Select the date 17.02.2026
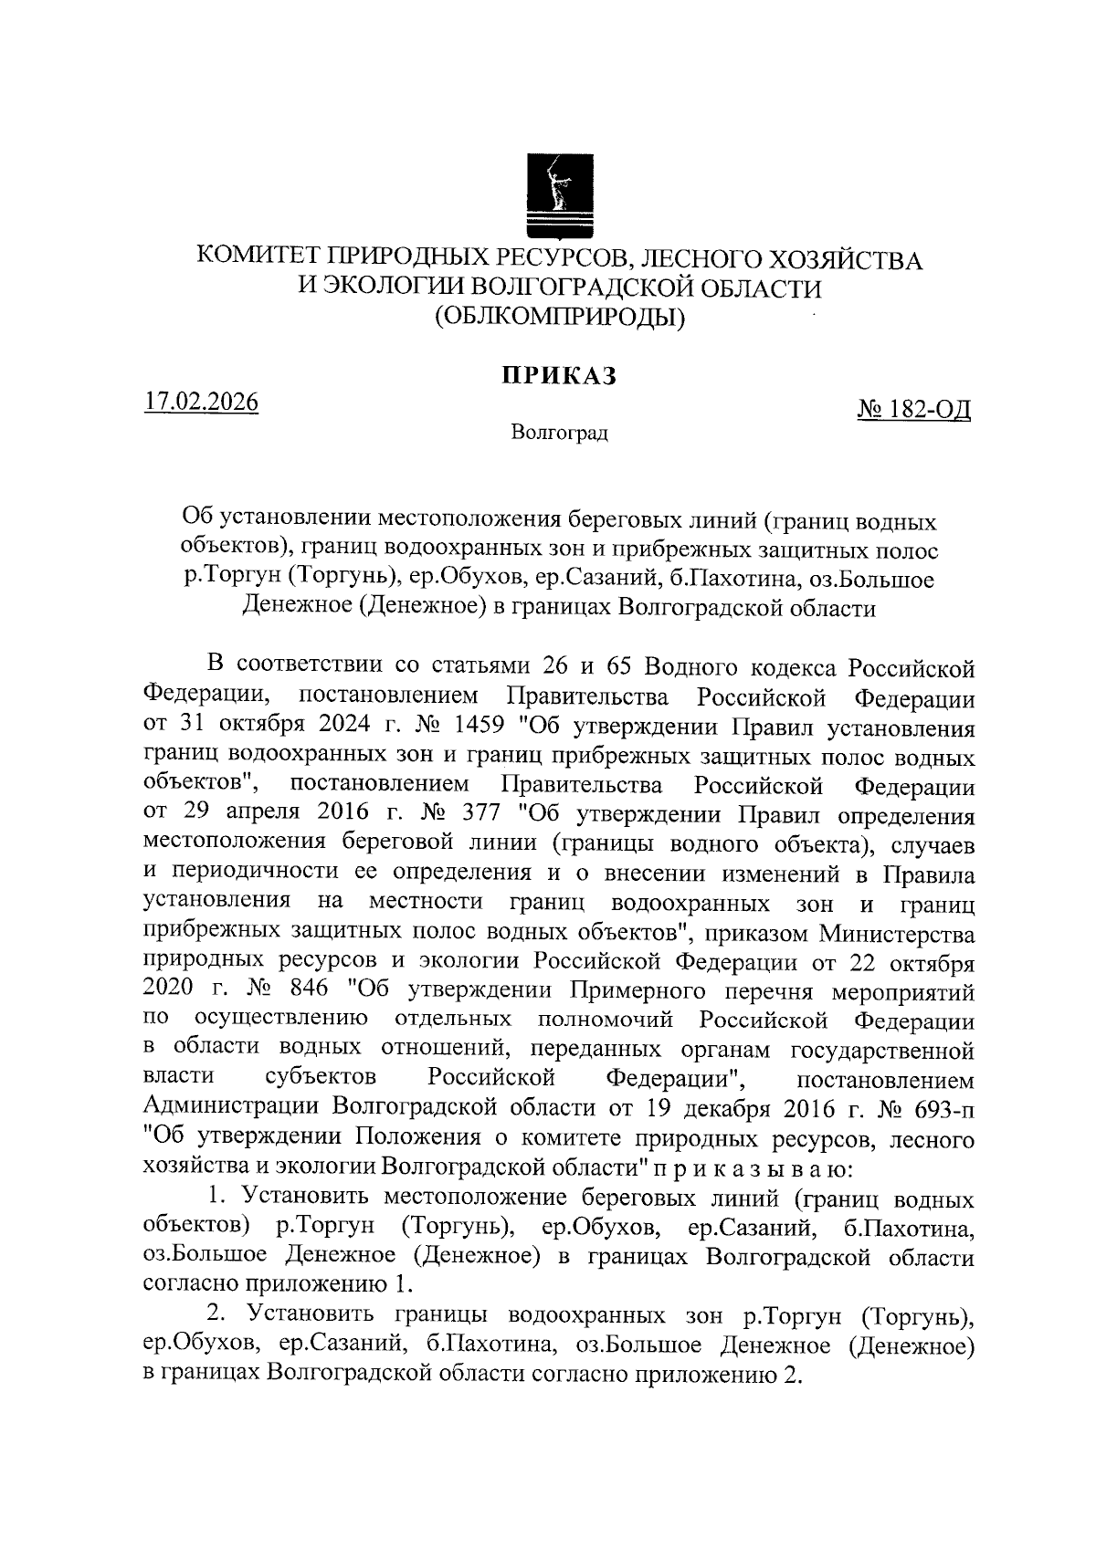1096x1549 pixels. [x=201, y=403]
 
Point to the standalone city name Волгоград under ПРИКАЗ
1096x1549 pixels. [x=559, y=432]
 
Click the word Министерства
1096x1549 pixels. [x=896, y=935]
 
